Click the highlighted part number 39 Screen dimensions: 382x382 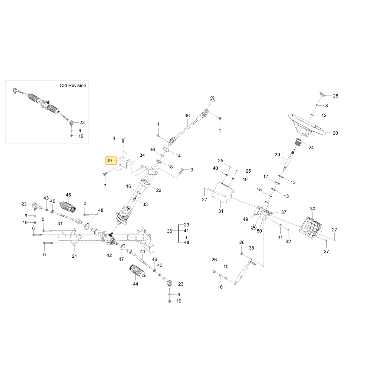pos(109,160)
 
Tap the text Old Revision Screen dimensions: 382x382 pos(73,86)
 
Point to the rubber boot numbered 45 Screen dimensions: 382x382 pos(68,207)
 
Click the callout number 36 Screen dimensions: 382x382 pos(187,116)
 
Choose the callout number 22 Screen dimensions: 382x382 pos(159,190)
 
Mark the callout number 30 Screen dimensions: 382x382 pos(312,209)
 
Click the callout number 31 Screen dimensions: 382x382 pos(221,211)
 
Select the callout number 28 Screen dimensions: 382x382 pos(335,96)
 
